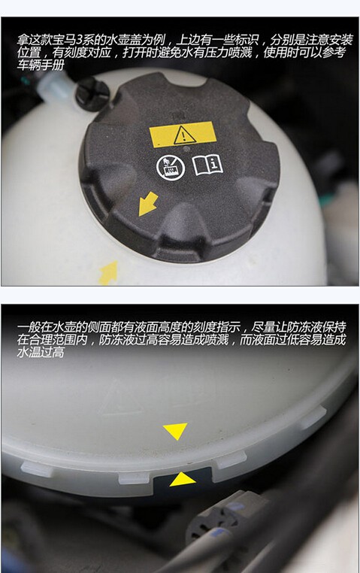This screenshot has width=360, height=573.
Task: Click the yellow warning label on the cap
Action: click(x=182, y=134)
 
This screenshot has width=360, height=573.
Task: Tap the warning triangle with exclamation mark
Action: click(x=184, y=135)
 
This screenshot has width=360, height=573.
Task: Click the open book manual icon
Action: click(x=207, y=165)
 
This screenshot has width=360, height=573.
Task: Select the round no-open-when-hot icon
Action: click(x=171, y=168)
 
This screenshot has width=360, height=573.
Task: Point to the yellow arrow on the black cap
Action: click(x=148, y=204)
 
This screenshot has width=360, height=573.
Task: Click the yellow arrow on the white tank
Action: click(x=109, y=272)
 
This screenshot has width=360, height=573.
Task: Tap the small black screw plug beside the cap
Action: click(x=92, y=92)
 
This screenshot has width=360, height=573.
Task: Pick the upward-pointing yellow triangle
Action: click(x=183, y=479)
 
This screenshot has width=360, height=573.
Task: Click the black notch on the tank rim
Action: click(x=183, y=479)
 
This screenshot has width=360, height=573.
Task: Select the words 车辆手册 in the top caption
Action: click(x=41, y=65)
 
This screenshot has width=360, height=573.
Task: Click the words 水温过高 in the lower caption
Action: click(x=41, y=352)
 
